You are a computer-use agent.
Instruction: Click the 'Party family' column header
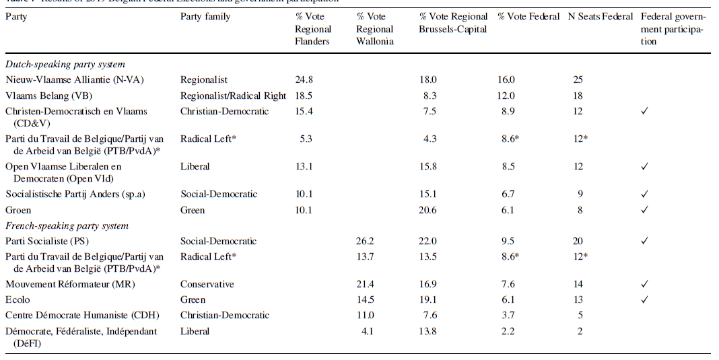(x=205, y=16)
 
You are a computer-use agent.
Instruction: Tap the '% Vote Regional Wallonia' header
(x=375, y=29)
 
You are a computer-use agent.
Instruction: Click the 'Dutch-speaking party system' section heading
(x=65, y=65)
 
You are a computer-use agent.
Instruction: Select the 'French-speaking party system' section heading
(x=67, y=225)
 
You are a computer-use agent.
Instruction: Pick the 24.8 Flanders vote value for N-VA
(x=304, y=79)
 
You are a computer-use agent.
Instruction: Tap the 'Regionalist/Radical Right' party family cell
(x=233, y=96)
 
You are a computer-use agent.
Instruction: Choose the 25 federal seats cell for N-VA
(x=578, y=79)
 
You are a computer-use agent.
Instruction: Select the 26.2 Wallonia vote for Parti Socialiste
(x=365, y=241)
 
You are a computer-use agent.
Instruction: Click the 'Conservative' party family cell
(x=207, y=284)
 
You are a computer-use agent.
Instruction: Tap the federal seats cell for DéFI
(x=578, y=331)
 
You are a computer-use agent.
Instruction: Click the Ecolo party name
(x=18, y=299)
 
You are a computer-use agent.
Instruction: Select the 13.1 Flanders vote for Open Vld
(x=304, y=166)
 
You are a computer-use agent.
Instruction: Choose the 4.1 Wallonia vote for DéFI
(x=368, y=331)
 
